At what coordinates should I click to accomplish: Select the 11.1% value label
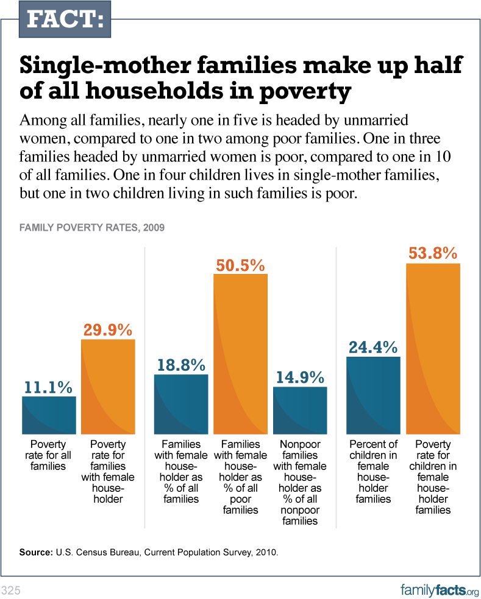[x=49, y=387]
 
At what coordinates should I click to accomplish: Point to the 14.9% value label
[x=299, y=377]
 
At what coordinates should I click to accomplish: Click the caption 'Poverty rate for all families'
[x=48, y=455]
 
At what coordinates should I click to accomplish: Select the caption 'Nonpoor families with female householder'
[x=300, y=483]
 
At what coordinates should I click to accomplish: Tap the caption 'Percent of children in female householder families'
[x=373, y=472]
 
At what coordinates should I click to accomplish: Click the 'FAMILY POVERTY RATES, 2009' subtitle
[x=91, y=228]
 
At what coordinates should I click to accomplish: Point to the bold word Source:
[x=37, y=553]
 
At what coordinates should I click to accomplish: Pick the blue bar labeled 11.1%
[x=49, y=415]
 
